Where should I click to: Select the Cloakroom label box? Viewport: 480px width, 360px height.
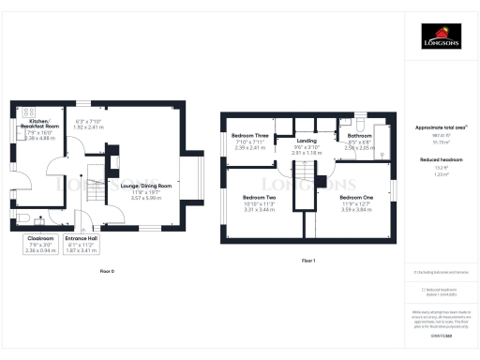39,244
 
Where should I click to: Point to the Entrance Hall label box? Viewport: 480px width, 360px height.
82,244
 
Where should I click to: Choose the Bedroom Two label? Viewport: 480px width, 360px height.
258,199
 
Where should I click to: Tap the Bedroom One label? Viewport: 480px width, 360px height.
356,199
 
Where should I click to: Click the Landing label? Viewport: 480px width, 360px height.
307,141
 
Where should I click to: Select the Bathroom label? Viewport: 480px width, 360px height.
359,136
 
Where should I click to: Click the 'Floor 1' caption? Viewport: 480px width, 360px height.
307,261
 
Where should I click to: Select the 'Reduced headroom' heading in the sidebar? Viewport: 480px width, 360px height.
440,160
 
